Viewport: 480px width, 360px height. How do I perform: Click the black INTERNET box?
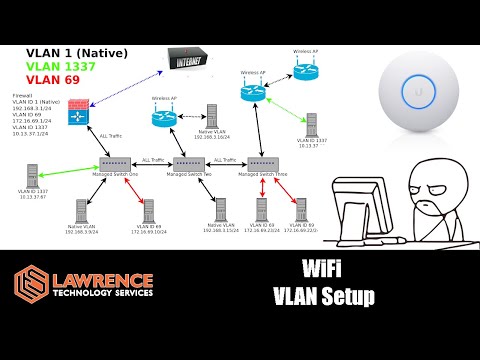point(189,63)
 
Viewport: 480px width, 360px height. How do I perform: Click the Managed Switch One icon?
point(117,164)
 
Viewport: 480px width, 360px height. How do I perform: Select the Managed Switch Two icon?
point(189,164)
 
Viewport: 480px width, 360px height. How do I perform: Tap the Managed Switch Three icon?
point(266,163)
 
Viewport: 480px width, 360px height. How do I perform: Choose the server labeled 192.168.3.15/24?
point(220,211)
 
